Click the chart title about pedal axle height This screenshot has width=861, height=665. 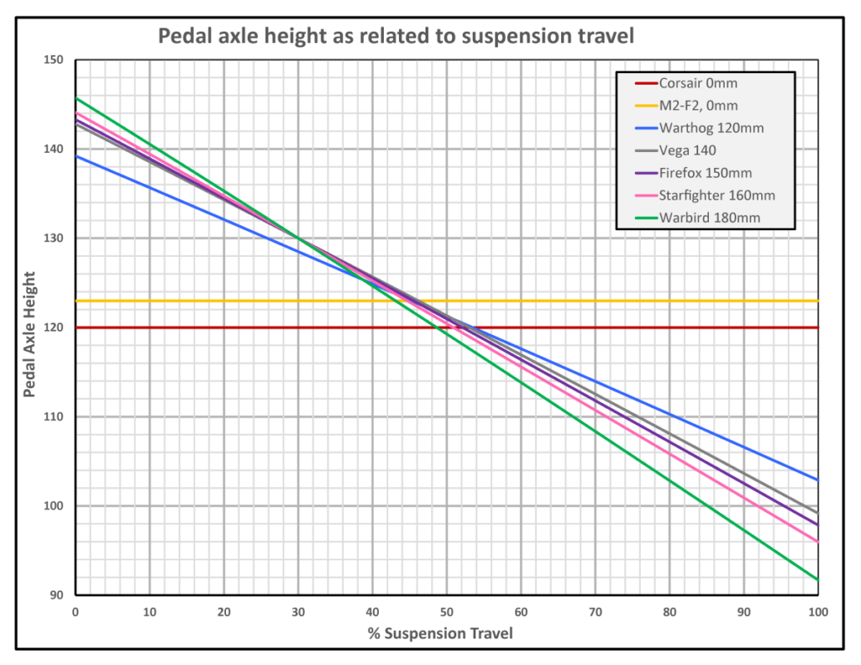point(396,37)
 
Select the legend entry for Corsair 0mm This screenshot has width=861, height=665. point(697,83)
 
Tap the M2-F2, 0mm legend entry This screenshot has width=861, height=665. point(698,106)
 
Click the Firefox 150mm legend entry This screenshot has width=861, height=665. point(706,173)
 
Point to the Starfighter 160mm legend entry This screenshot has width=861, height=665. point(716,195)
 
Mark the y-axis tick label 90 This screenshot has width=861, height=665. point(57,595)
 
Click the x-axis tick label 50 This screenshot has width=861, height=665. point(446,613)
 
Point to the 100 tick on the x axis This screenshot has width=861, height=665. point(818,613)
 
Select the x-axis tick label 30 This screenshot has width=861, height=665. point(298,613)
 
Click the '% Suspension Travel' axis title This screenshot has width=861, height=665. point(440,634)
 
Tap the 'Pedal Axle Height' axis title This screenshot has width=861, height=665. point(30,333)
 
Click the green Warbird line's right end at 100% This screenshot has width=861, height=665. point(818,579)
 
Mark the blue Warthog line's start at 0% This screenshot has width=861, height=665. point(76,156)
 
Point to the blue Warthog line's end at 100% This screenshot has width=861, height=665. point(818,480)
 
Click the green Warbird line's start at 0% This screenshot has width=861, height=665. point(76,98)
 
